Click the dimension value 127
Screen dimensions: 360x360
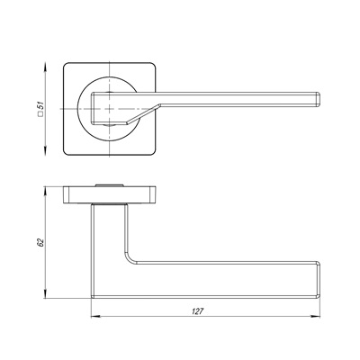pyautogui.click(x=198, y=311)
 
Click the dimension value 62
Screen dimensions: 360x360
pyautogui.click(x=40, y=242)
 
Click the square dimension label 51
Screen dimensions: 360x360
pyautogui.click(x=40, y=105)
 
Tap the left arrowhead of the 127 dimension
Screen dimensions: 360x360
pyautogui.click(x=95, y=316)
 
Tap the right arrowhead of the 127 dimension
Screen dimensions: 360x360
pyautogui.click(x=316, y=316)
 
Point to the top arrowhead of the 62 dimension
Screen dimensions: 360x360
pyautogui.click(x=45, y=192)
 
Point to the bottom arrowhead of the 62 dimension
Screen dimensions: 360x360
pyautogui.click(x=45, y=294)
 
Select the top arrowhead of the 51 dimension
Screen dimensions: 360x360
pyautogui.click(x=45, y=67)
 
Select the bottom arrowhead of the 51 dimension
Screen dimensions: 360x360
pyautogui.click(x=45, y=151)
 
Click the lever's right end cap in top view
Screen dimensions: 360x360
pyautogui.click(x=318, y=99)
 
